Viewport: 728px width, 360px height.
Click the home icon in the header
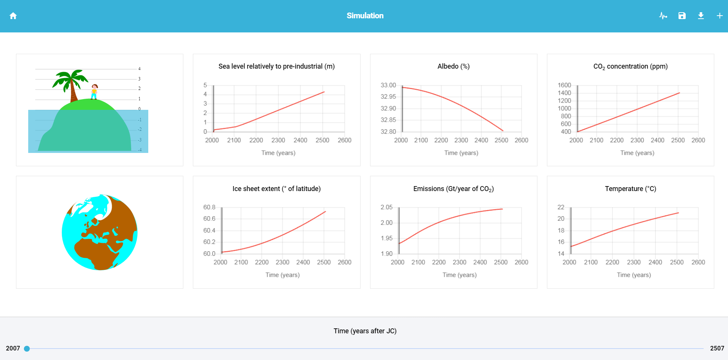click(x=13, y=16)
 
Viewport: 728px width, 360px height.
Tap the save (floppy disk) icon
click(x=682, y=16)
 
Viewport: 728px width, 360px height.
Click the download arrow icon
click(x=701, y=16)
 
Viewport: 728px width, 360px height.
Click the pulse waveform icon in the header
click(x=663, y=16)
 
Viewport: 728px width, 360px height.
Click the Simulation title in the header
click(x=365, y=16)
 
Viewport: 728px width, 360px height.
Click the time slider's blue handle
click(x=27, y=349)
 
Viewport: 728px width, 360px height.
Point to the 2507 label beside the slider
click(x=717, y=348)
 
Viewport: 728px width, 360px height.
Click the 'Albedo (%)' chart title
click(x=453, y=66)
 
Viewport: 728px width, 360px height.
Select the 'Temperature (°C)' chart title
click(x=630, y=189)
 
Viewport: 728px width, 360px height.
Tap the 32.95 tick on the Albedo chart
click(x=388, y=97)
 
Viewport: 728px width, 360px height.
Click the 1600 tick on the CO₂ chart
click(x=564, y=85)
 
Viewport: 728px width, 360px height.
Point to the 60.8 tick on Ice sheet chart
click(x=209, y=207)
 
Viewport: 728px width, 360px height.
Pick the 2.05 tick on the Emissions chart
click(x=386, y=207)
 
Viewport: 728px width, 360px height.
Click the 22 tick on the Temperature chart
click(x=561, y=207)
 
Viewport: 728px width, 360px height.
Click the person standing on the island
click(x=94, y=92)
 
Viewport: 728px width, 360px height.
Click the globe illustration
click(x=99, y=232)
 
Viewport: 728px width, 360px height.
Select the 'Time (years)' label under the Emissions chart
click(x=459, y=275)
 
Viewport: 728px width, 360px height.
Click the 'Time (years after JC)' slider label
click(x=365, y=331)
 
